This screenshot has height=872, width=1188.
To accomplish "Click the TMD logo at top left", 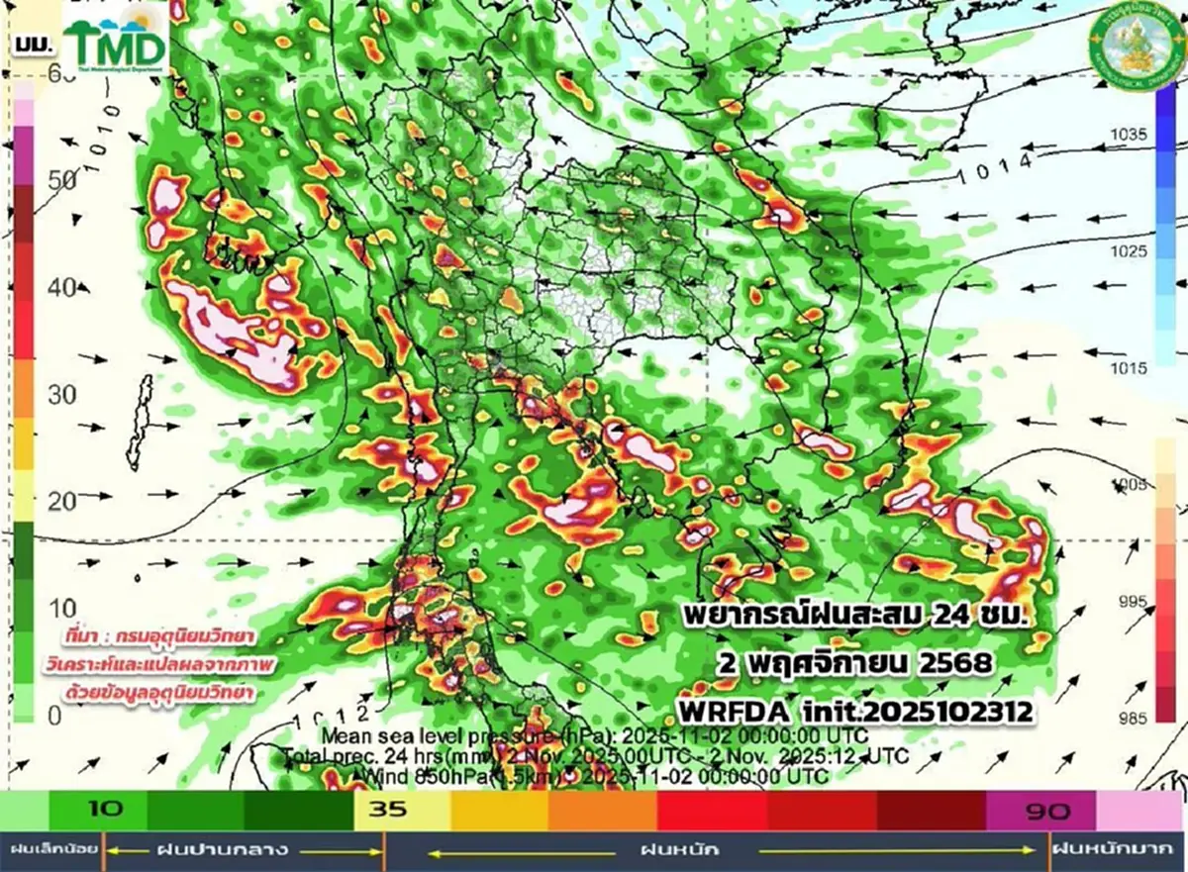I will tap(116, 44).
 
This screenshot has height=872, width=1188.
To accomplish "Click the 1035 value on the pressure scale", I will tap(1128, 134).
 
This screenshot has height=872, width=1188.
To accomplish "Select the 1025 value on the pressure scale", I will tap(1128, 251).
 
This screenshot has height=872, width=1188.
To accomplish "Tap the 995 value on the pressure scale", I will tap(1128, 602).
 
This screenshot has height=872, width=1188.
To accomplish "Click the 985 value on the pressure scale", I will tap(1128, 718).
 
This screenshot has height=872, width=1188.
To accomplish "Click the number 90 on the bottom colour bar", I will tap(1046, 812).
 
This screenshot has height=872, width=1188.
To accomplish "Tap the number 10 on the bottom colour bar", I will tap(105, 809).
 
